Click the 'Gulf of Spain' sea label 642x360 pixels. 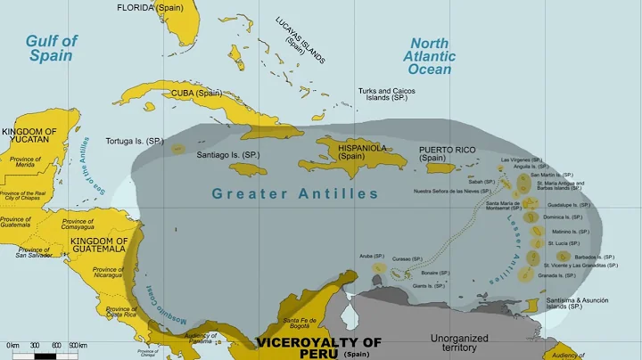(51, 48)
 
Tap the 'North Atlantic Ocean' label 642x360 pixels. (432, 57)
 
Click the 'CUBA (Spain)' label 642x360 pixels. (196, 93)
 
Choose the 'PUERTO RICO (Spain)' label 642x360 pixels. (449, 155)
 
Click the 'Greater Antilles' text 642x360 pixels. (294, 193)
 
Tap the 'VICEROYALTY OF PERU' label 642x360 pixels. (318, 348)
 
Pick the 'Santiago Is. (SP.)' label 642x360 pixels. (227, 154)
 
